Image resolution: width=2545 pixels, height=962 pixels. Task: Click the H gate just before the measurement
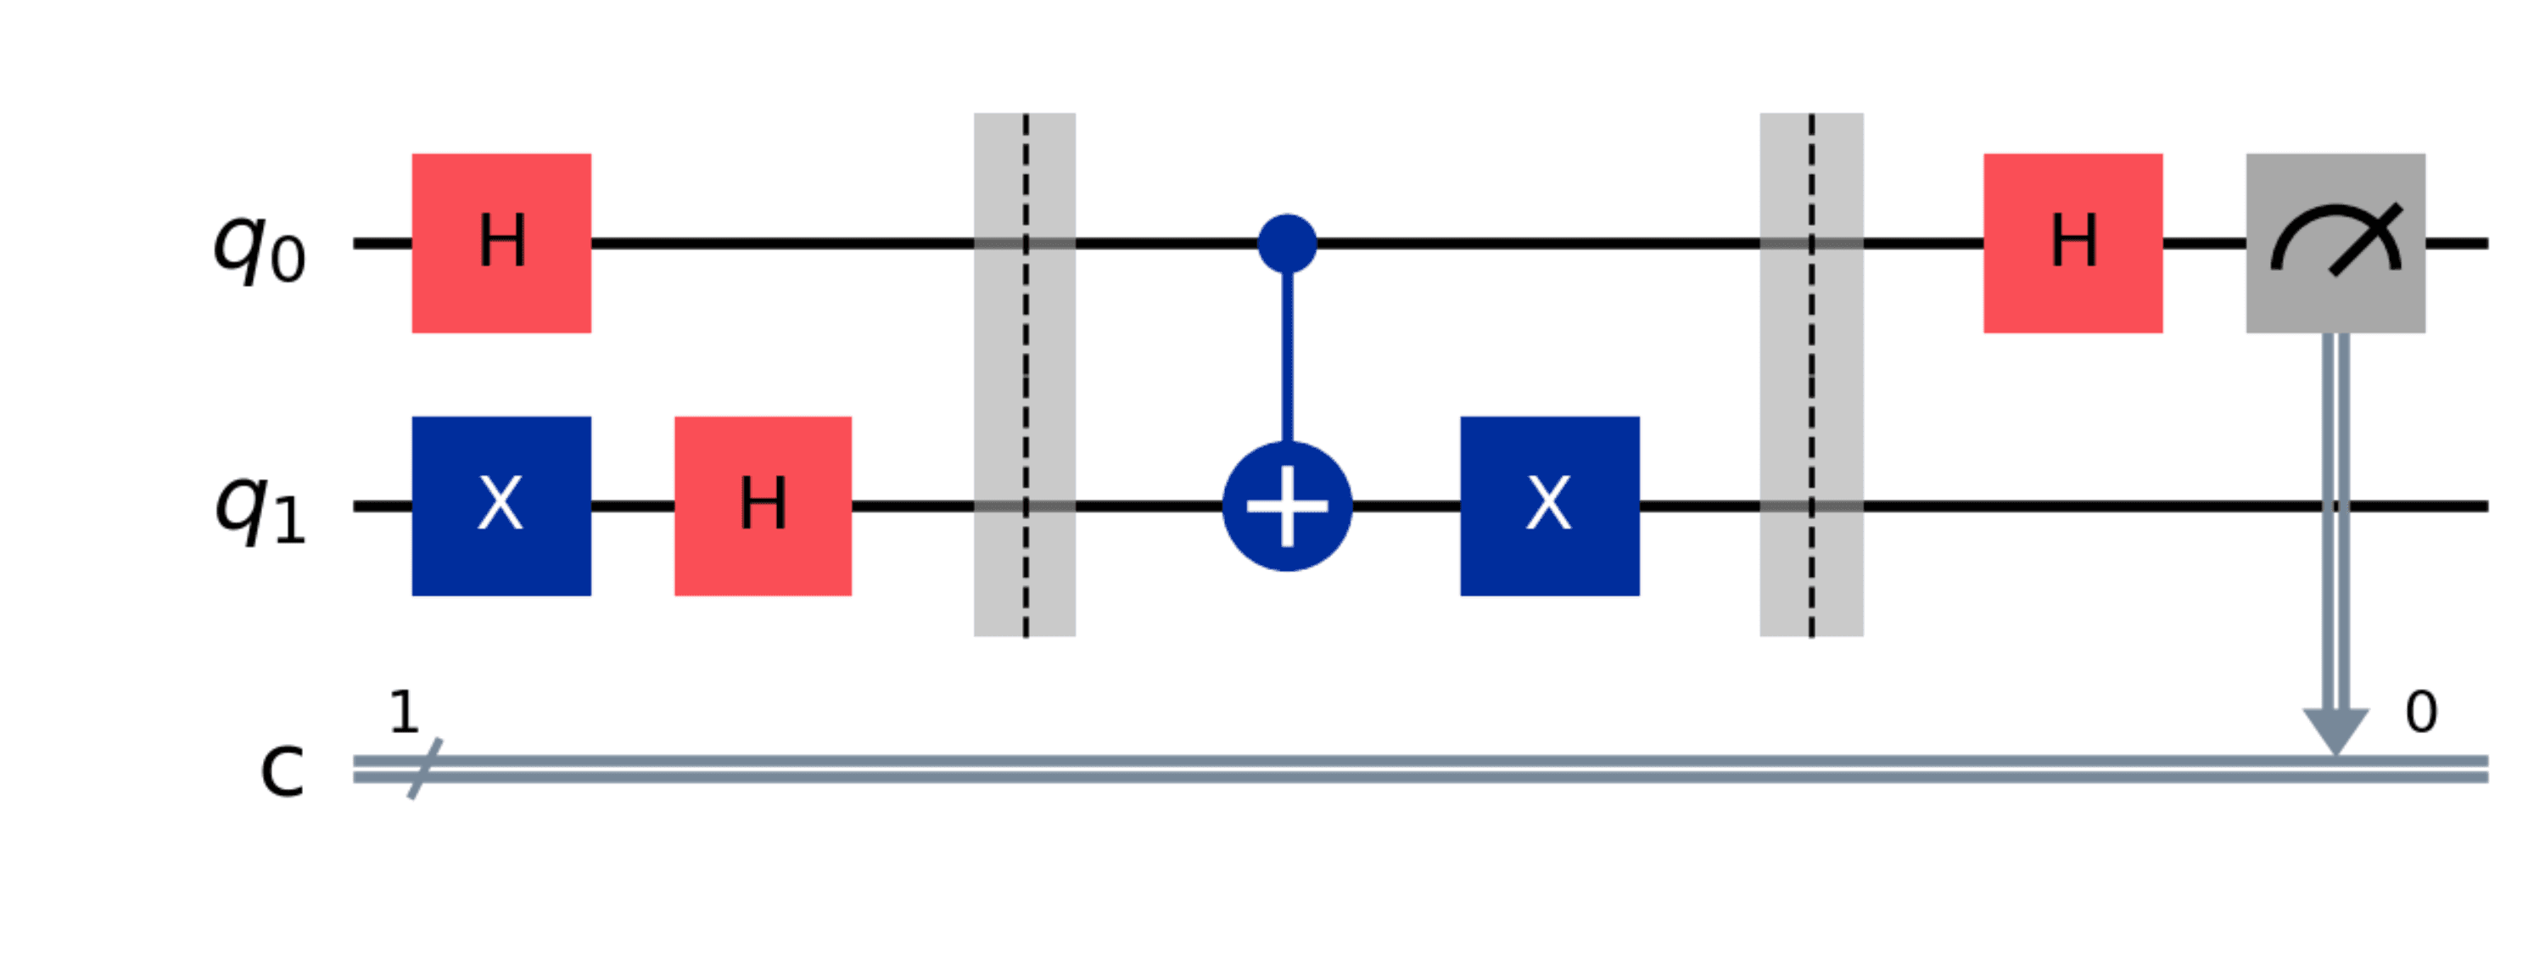pos(2072,243)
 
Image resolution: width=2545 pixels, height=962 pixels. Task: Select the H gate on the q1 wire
pos(763,506)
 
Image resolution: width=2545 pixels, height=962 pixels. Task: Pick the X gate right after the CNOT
pos(1549,506)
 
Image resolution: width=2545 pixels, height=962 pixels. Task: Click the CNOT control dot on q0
pos(1286,243)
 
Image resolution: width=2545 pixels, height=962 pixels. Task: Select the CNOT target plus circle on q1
pos(1286,506)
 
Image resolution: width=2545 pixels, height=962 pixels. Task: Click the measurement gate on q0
pos(2335,243)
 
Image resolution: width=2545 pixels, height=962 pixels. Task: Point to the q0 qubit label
pos(260,249)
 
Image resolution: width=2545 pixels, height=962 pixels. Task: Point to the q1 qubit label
pos(260,512)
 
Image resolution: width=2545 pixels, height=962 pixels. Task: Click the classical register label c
pos(282,770)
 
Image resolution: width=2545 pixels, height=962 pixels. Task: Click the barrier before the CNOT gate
pos(1025,375)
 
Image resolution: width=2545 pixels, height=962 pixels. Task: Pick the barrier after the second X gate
pos(1811,375)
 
